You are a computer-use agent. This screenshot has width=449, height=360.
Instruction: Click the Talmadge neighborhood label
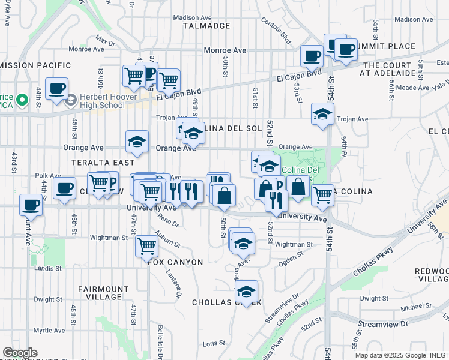[203, 26]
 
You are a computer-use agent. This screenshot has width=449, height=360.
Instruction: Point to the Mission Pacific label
[36, 65]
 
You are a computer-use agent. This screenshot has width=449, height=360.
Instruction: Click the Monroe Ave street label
[225, 51]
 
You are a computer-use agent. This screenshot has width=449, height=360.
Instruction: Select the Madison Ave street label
[193, 17]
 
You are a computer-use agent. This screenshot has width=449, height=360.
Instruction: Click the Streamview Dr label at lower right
[382, 324]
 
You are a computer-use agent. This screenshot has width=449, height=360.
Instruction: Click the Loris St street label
[213, 343]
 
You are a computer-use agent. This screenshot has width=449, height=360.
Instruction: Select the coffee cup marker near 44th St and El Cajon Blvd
[57, 88]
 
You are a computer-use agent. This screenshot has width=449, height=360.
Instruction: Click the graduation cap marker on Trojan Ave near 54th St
[322, 113]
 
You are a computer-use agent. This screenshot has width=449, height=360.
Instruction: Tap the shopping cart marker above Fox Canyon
[146, 245]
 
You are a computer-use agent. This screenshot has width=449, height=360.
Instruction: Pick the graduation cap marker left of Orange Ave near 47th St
[137, 142]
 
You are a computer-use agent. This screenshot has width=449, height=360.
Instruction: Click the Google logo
[20, 353]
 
